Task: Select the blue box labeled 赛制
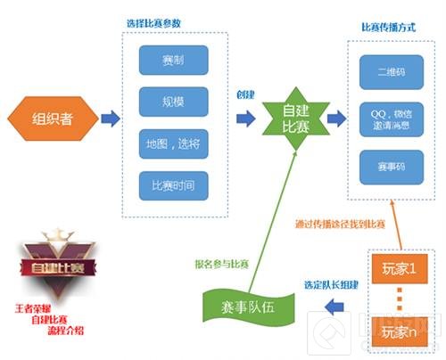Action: click(173, 60)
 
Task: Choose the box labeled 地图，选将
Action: click(173, 143)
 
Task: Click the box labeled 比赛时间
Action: click(173, 185)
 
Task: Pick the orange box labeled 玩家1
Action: click(399, 267)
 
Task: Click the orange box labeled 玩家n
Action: click(399, 331)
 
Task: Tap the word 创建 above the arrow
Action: click(247, 96)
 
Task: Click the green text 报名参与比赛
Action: click(222, 264)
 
